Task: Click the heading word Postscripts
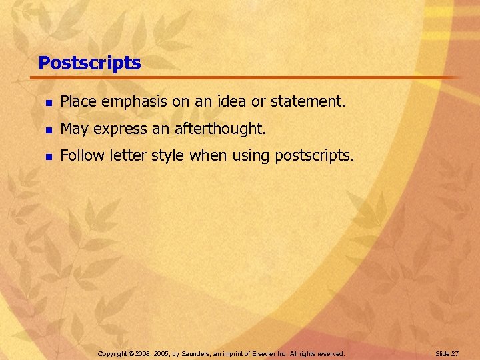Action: click(89, 63)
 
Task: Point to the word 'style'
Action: click(169, 156)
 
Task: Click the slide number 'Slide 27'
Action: click(447, 353)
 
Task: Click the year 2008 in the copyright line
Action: click(143, 353)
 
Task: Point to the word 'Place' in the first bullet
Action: click(77, 102)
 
